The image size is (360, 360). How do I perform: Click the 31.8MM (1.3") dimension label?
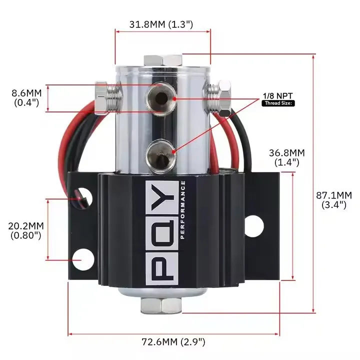point(161,24)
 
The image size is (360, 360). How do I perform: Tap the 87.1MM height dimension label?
point(334,200)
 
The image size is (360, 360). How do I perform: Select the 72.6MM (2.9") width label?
point(173,342)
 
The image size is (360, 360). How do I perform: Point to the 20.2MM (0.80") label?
point(26,230)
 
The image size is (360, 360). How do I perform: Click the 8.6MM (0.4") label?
point(26,98)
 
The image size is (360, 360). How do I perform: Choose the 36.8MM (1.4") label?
point(287,157)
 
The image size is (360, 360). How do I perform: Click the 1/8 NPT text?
point(278,96)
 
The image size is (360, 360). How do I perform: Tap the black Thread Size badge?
point(278,103)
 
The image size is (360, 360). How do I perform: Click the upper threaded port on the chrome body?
point(161,98)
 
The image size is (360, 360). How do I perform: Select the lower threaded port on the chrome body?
point(160,155)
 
